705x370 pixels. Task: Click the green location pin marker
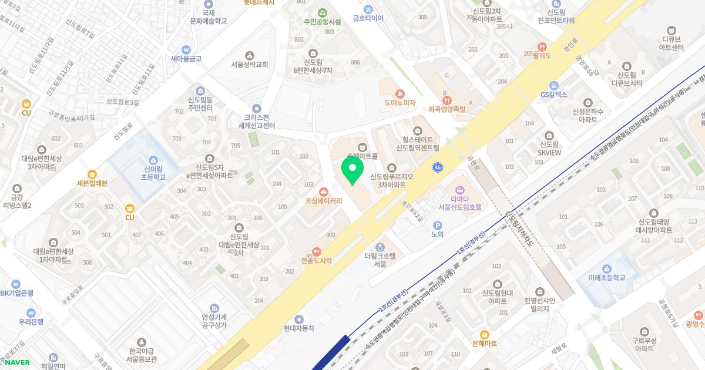[x=352, y=172]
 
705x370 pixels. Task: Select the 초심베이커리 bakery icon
[x=323, y=191]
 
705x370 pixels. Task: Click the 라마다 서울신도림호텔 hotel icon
[x=459, y=189]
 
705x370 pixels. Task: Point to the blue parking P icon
[x=437, y=226]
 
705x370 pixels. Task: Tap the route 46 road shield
[x=437, y=167]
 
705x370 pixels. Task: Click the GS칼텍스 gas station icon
[x=553, y=86]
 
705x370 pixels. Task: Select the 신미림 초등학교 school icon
[x=153, y=160]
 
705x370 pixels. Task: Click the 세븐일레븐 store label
[x=92, y=183]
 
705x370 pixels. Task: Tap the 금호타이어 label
[x=368, y=18]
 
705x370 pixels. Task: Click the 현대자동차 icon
[x=299, y=319]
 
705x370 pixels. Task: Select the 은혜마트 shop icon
[x=484, y=334]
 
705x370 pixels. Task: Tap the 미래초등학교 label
[x=606, y=278]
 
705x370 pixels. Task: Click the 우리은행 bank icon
[x=31, y=313]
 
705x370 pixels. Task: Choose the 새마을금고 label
[x=186, y=59]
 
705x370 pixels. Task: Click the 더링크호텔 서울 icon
[x=380, y=247]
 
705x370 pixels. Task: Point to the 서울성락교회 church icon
[x=249, y=56]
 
